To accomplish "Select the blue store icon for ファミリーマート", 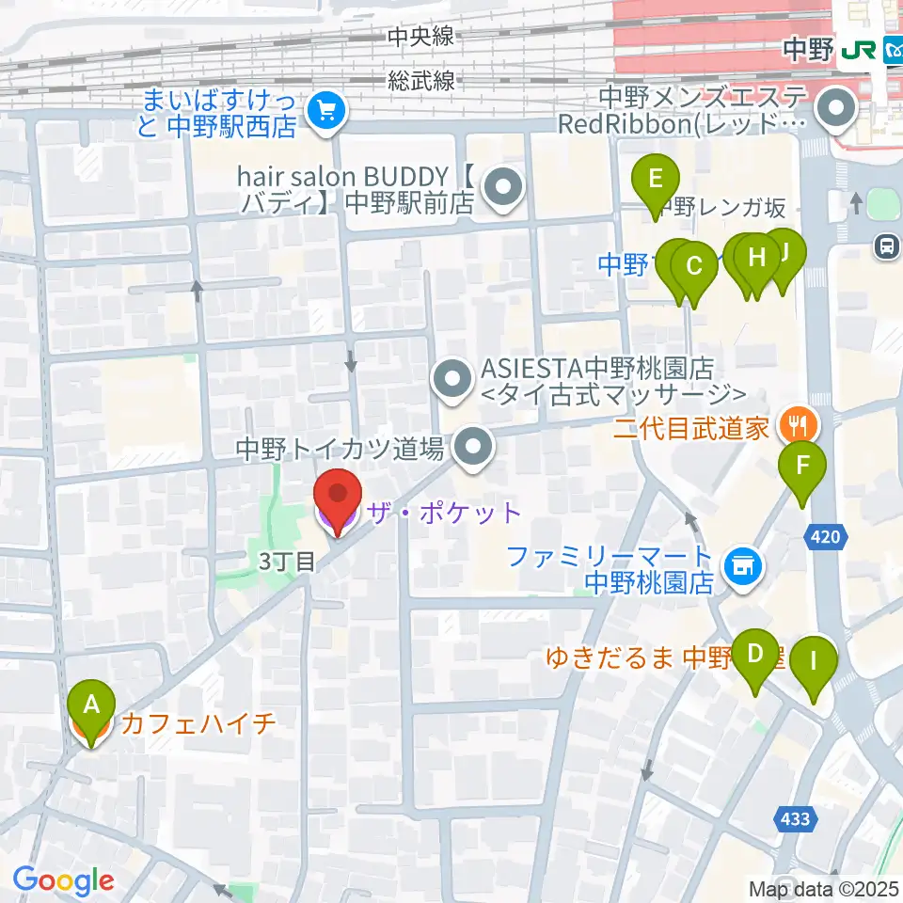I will pos(742,566).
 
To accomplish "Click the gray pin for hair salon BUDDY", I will pos(504,185).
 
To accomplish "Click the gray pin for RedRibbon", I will pos(834,111).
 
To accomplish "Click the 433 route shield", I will pos(795,819).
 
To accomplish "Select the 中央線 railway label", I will pos(420,38).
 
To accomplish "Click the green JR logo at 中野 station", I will pos(859,50).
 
